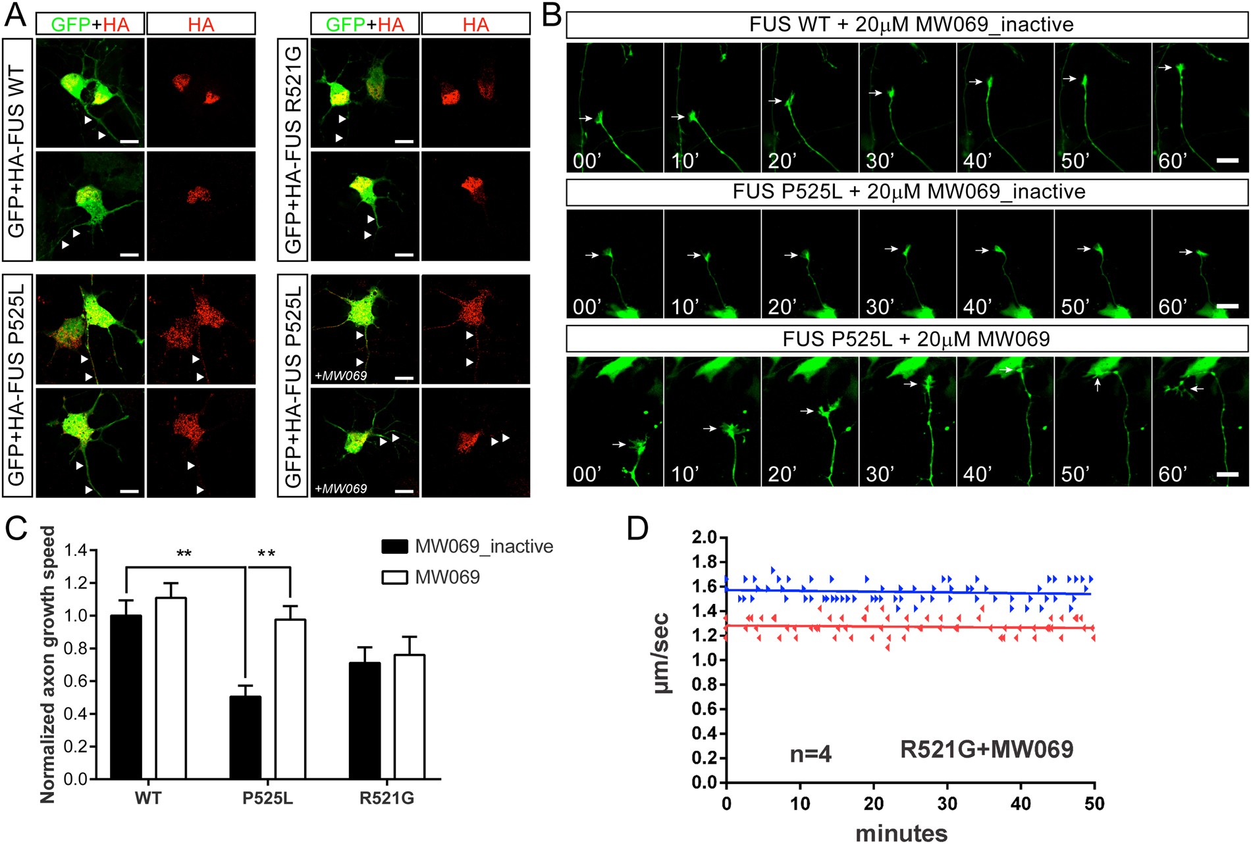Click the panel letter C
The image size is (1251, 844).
point(16,528)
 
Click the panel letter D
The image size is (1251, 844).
point(637,528)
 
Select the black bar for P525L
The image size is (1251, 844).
point(245,737)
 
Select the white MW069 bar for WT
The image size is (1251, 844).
point(171,687)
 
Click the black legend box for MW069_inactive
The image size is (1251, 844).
point(394,547)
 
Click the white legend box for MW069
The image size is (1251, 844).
point(394,578)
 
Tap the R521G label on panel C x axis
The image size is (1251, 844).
point(386,799)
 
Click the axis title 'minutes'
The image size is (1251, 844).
point(901,833)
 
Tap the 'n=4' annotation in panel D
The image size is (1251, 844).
point(811,754)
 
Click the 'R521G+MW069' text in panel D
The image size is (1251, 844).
point(986,749)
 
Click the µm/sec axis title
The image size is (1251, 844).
point(661,653)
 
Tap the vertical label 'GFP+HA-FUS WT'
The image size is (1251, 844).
point(16,151)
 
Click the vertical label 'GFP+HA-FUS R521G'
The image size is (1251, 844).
point(293,151)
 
